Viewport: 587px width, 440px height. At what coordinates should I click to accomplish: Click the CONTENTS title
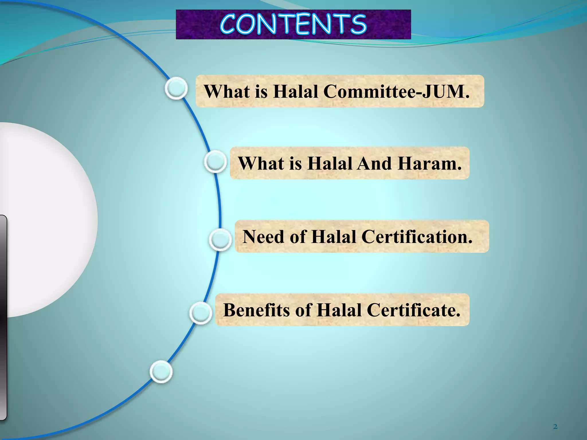(x=293, y=24)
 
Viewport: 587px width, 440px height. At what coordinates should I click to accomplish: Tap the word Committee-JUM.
(x=397, y=92)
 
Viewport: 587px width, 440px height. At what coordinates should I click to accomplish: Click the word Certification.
(x=417, y=237)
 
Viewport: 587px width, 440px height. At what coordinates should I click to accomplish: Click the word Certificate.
(x=413, y=310)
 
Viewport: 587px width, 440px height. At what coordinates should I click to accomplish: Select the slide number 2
(x=555, y=427)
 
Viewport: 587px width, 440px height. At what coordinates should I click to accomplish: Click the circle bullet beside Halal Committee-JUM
(x=176, y=88)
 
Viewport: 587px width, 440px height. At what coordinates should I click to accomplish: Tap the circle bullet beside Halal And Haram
(x=216, y=162)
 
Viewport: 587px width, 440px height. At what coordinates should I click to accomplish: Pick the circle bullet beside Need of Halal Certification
(x=220, y=239)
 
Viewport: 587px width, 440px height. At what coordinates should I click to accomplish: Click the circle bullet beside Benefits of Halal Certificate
(x=201, y=313)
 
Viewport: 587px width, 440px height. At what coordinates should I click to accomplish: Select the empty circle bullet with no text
(x=161, y=372)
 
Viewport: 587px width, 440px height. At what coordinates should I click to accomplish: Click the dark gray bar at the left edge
(x=3, y=315)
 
